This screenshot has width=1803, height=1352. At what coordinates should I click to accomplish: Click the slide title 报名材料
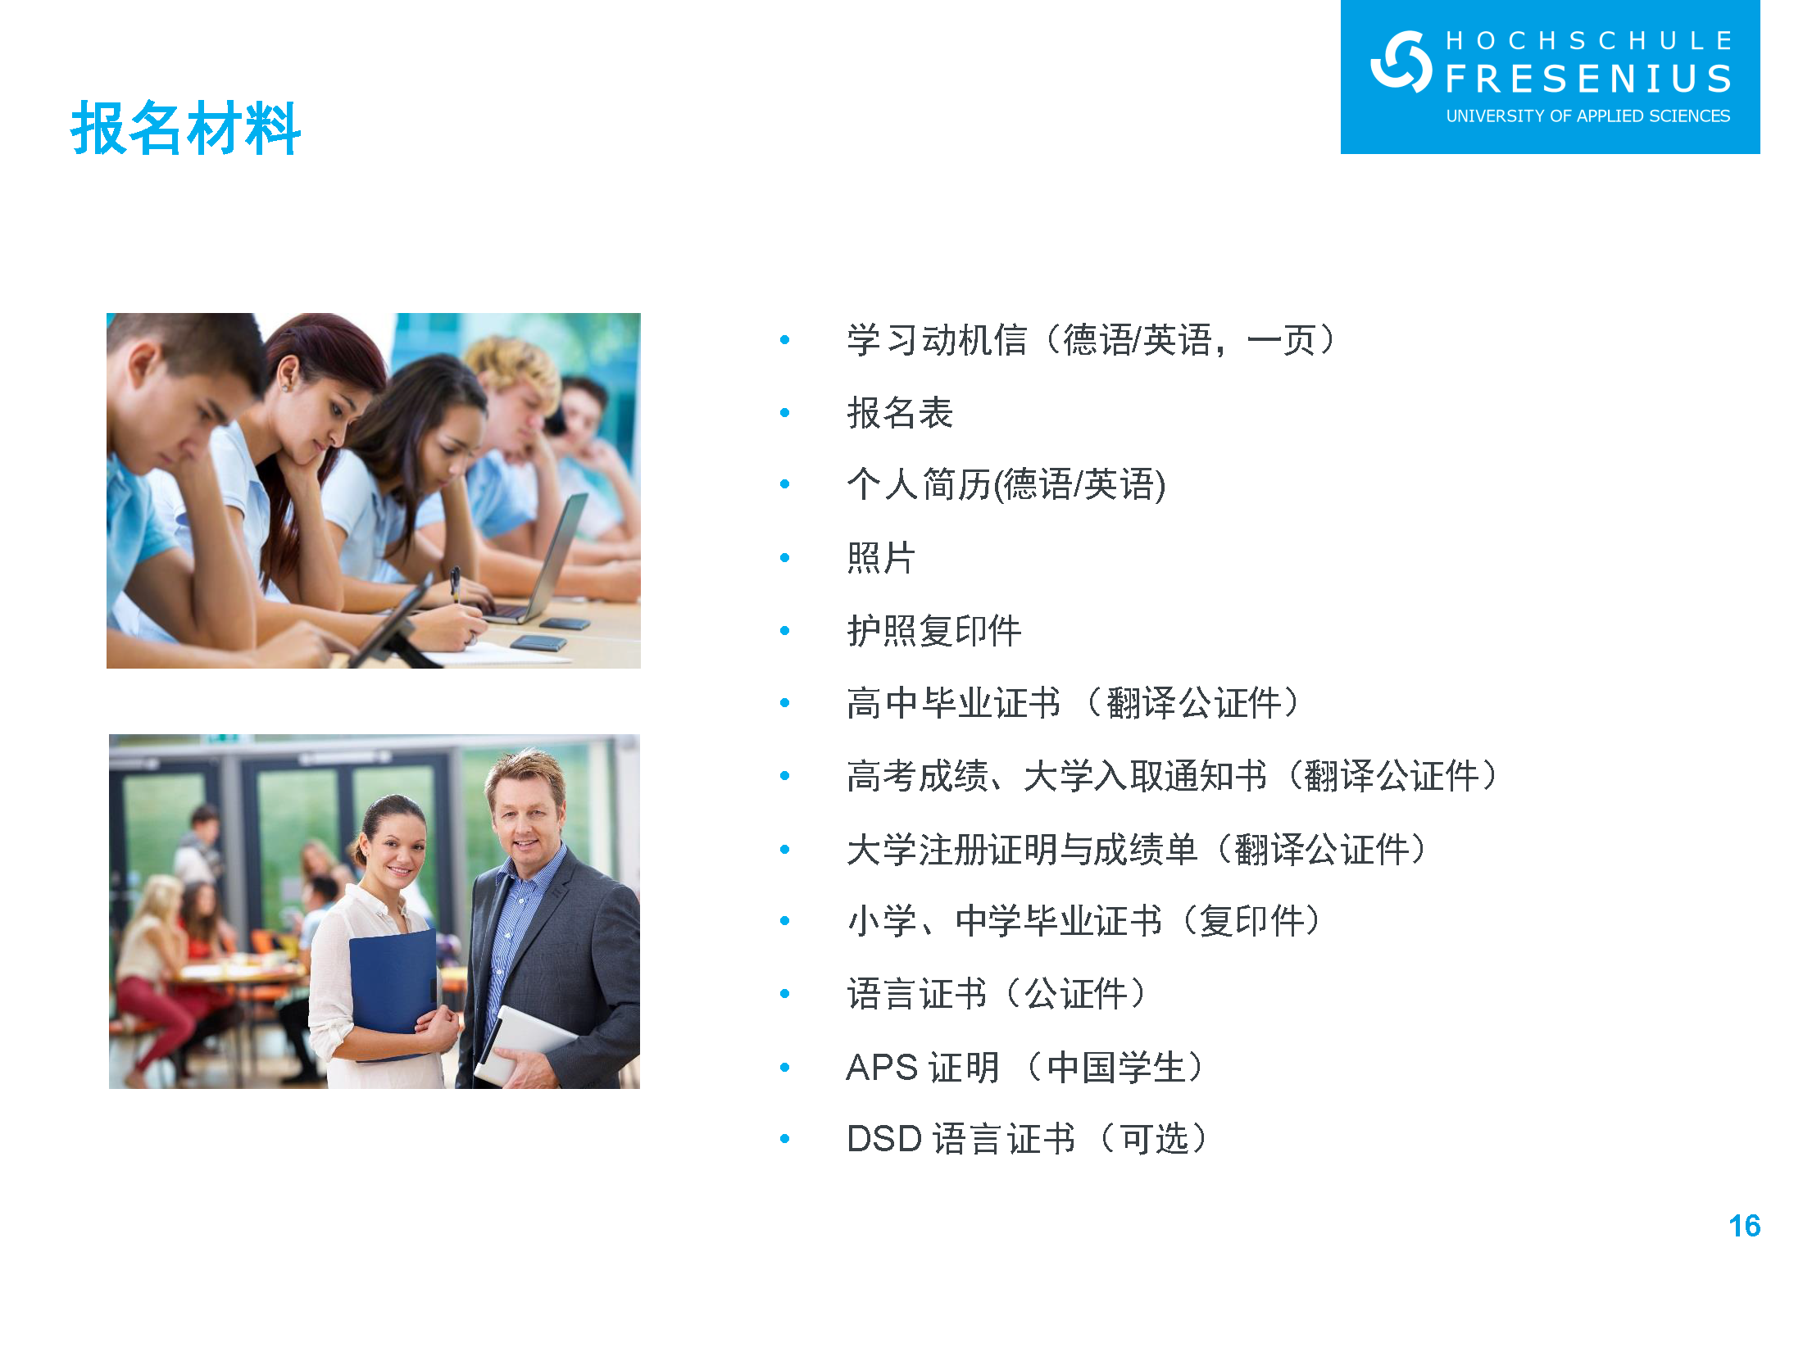point(186,128)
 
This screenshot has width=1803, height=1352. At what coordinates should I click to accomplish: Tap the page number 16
point(1744,1226)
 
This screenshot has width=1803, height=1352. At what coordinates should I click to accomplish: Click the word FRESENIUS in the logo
point(1588,79)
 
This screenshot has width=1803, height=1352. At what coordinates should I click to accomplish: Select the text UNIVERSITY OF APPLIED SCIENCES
point(1587,116)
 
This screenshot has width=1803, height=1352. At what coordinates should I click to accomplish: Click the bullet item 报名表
point(900,413)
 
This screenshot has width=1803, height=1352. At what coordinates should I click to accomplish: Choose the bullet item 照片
point(881,558)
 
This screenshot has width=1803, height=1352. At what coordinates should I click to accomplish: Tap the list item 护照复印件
point(934,631)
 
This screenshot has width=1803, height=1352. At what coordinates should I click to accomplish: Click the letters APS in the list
point(882,1067)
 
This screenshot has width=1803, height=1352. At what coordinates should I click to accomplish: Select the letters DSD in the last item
point(884,1139)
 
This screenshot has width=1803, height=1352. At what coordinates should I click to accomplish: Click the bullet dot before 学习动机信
point(785,340)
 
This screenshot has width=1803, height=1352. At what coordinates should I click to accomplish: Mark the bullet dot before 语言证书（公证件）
point(785,994)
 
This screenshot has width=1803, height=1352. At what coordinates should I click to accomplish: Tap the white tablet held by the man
point(525,1045)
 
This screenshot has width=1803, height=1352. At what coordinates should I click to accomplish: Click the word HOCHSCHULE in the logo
point(1588,40)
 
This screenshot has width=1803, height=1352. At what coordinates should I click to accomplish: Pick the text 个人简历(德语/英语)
point(1006,485)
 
